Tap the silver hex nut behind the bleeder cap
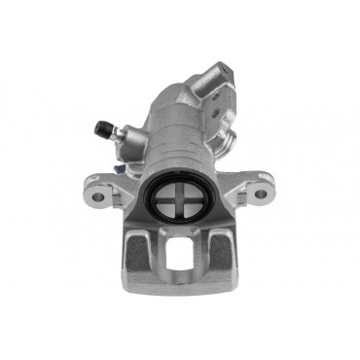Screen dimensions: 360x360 [x=114, y=135]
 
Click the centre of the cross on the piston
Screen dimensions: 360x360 [x=177, y=203]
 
